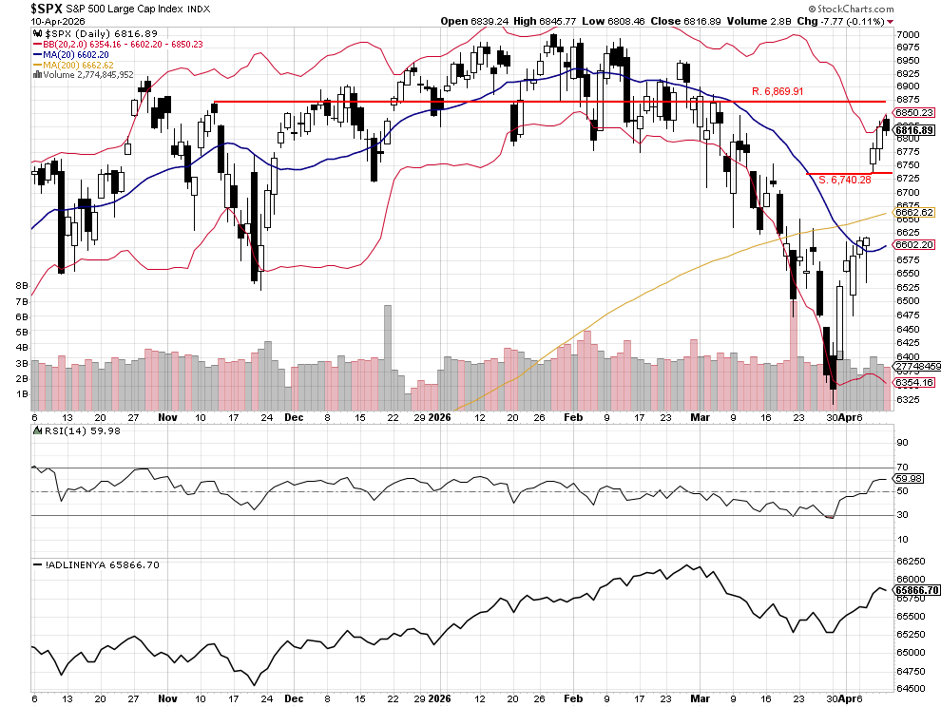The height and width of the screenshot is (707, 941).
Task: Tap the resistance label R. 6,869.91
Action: (x=778, y=91)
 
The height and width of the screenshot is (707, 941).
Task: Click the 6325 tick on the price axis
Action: (x=907, y=399)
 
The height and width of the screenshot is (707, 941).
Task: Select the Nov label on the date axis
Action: (x=168, y=417)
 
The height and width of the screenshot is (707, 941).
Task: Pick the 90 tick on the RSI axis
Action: (x=902, y=443)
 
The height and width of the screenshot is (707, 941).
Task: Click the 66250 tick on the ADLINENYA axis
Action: (x=909, y=561)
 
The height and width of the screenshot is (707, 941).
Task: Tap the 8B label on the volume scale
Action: (x=21, y=285)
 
